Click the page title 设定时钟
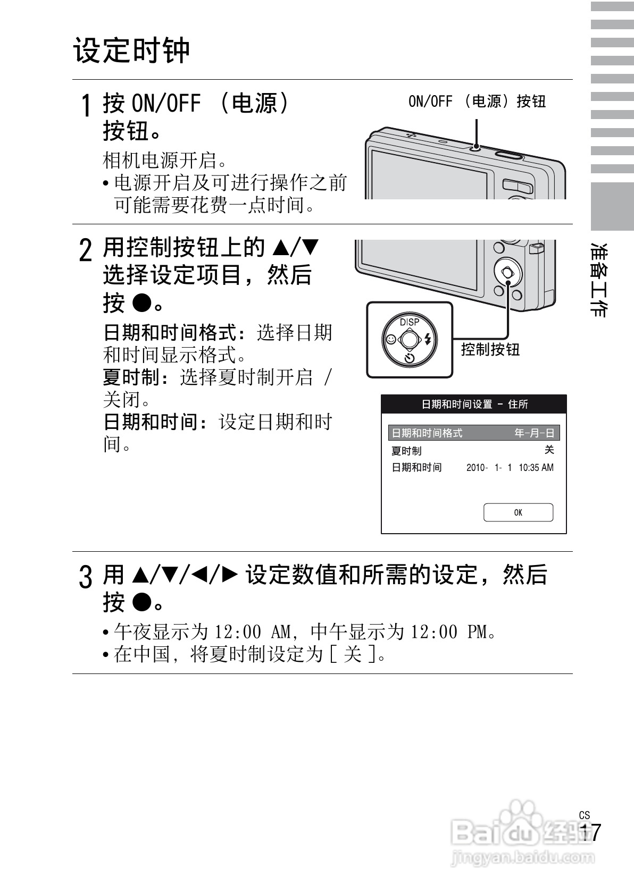131,50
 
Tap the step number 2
85,250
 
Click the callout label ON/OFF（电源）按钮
477,101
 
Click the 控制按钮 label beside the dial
490,349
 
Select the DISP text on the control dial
410,322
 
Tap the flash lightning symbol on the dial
428,339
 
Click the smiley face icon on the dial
391,339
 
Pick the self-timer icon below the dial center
409,357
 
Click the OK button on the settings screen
518,512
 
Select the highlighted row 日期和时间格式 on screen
427,433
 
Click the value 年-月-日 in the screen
534,433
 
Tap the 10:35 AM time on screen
536,468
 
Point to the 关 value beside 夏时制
549,450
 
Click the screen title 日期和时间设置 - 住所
474,405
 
